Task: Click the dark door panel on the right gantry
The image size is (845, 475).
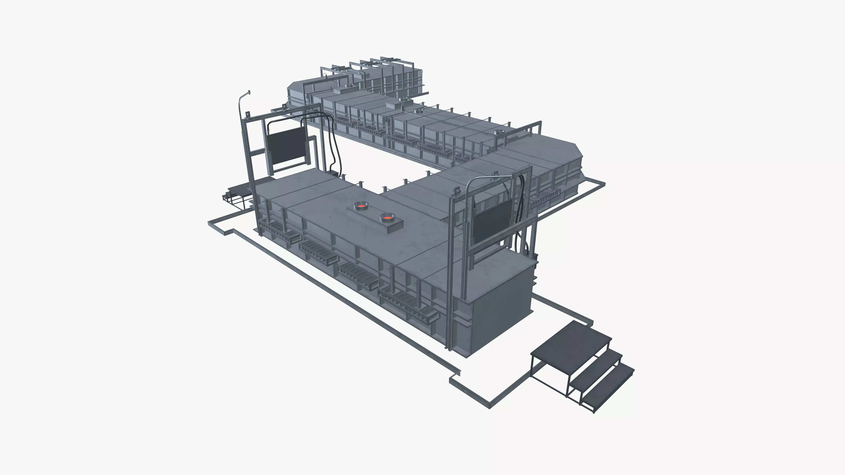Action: (x=491, y=223)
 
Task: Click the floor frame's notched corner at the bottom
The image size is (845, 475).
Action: (x=454, y=377)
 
